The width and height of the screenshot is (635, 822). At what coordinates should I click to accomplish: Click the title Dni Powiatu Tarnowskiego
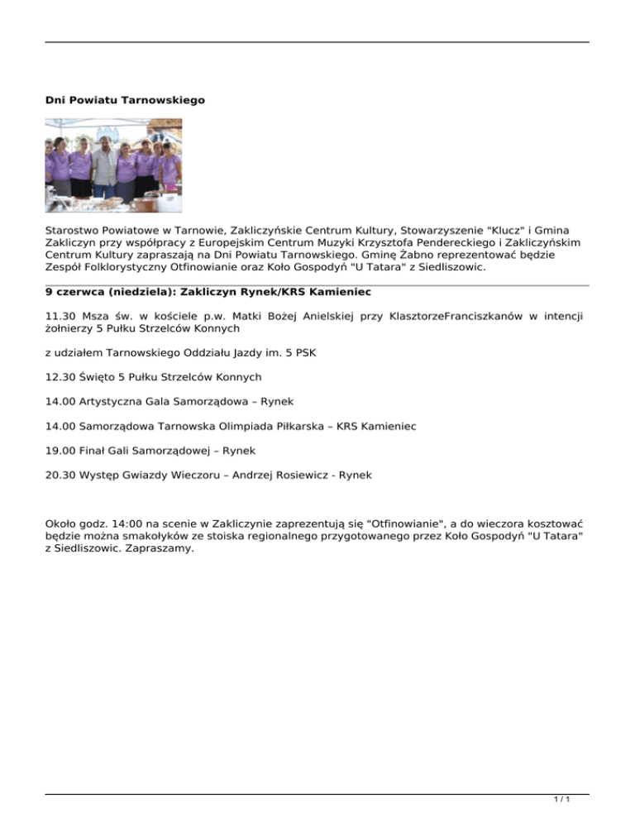pos(125,100)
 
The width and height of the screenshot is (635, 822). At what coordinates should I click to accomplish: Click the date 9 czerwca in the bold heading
pos(76,292)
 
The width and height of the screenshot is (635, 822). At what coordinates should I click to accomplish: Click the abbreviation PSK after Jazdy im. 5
pos(303,352)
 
